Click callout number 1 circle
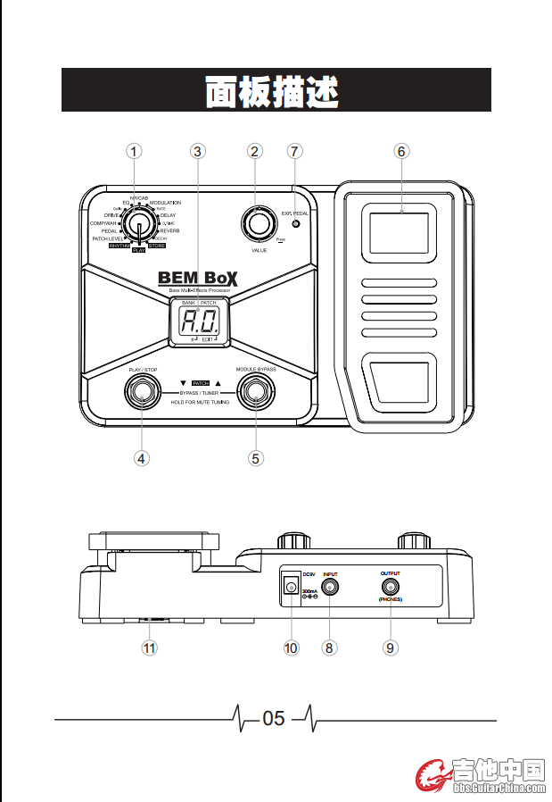tap(134, 152)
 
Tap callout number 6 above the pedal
tap(401, 152)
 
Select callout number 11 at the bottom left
tap(150, 647)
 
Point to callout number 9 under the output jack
tap(390, 647)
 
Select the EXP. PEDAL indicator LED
tap(295, 224)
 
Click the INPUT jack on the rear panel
tap(331, 587)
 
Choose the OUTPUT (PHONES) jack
tap(390, 587)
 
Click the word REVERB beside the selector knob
tap(169, 230)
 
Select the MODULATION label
tap(165, 204)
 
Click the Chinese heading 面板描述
tap(276, 91)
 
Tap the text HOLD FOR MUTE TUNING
tap(200, 403)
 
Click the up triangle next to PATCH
tap(217, 381)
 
